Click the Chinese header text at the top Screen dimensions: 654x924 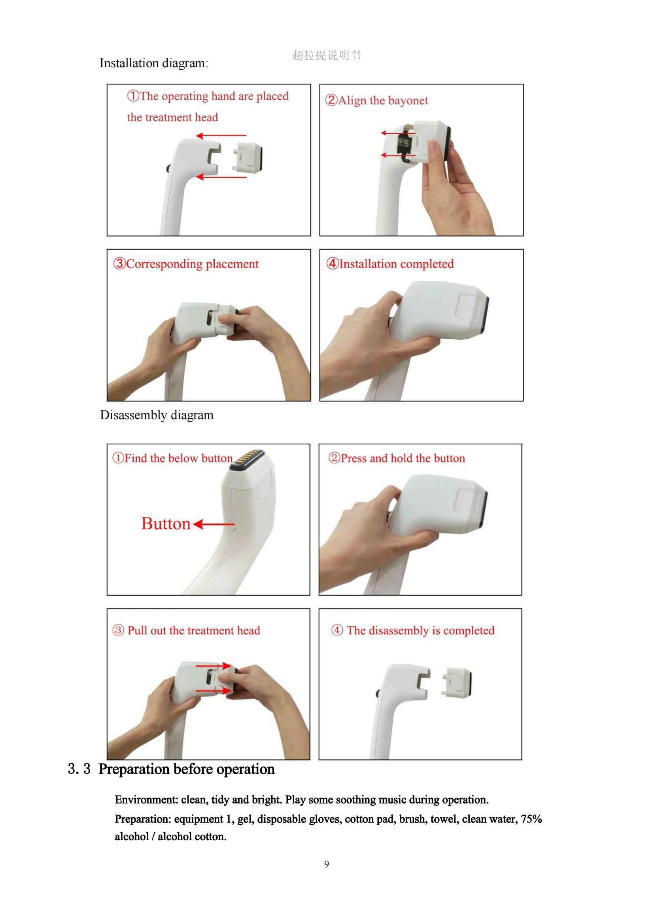(327, 55)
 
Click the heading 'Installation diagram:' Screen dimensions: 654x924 (154, 63)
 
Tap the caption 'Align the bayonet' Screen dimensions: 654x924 (376, 100)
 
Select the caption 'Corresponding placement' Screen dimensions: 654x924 (186, 264)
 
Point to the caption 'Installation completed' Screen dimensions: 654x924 (390, 264)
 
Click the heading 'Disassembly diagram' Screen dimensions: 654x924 (157, 415)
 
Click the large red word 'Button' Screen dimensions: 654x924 (166, 523)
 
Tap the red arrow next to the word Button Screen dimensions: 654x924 (214, 524)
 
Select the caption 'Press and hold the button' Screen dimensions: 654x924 (397, 458)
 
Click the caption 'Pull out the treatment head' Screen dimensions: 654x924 (186, 630)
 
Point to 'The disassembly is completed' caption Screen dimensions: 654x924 (413, 630)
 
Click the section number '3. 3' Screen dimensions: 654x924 (79, 769)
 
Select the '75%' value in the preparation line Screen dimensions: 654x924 (531, 819)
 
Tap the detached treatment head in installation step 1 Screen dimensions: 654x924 (247, 158)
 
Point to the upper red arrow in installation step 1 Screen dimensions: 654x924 (221, 135)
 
